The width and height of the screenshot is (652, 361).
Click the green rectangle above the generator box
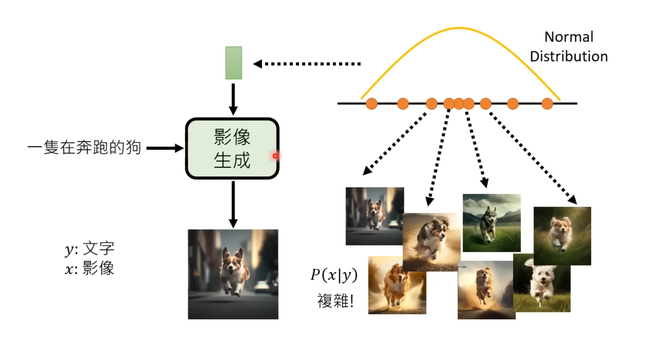point(233,62)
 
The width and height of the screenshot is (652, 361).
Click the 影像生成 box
point(232,148)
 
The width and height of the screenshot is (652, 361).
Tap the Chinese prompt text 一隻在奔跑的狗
point(84,148)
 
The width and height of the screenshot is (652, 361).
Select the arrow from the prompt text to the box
point(165,148)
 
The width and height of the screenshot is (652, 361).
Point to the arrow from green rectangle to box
point(233,99)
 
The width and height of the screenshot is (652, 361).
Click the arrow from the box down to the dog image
point(233,204)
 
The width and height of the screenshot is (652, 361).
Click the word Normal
point(569,37)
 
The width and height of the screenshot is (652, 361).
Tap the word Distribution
point(569,56)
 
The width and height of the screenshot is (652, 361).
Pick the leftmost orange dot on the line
point(371,104)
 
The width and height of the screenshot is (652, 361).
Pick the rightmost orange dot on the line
point(547,104)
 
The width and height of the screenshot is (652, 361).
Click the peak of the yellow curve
point(459,28)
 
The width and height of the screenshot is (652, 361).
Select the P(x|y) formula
point(334,275)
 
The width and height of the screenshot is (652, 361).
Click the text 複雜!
point(335,301)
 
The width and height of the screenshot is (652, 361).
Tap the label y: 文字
point(90,248)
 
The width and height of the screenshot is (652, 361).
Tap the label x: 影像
point(90,268)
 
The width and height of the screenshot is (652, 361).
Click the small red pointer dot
point(275,156)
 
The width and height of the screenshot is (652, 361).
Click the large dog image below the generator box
point(233,274)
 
